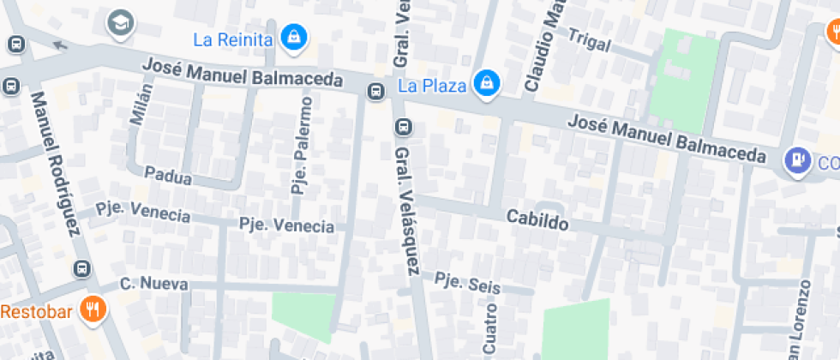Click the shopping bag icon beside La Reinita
294,38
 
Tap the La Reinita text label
233,39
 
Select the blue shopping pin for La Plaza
487,83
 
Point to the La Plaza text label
432,86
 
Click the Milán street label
141,105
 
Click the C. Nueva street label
147,283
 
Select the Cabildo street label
537,220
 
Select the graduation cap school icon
120,23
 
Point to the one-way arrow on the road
59,45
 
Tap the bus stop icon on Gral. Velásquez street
403,128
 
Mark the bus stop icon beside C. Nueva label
82,268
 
